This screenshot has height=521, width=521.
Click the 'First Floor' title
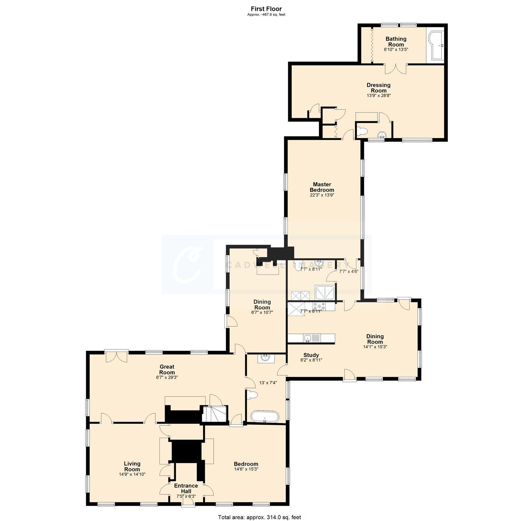point(266,9)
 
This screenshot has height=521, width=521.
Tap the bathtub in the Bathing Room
point(436,45)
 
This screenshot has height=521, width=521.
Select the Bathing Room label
point(396,42)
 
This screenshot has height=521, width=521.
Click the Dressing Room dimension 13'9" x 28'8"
point(379,96)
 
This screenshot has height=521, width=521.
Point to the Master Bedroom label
point(322,187)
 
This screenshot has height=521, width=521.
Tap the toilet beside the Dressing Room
point(363,131)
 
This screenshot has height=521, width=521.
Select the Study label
point(311,355)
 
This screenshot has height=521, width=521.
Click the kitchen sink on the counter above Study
point(307,338)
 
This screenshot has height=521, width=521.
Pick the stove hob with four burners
point(320,306)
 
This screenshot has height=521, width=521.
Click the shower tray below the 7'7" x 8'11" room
point(325,292)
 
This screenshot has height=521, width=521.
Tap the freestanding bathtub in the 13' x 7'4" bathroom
point(265,416)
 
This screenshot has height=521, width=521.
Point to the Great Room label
point(167,370)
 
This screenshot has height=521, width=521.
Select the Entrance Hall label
point(186,488)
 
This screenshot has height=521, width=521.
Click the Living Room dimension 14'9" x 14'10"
point(132,474)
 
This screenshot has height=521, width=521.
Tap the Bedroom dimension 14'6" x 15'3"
point(246,469)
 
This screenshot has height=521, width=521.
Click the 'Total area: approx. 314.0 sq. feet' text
point(259,517)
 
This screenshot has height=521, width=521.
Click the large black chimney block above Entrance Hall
point(187,451)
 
